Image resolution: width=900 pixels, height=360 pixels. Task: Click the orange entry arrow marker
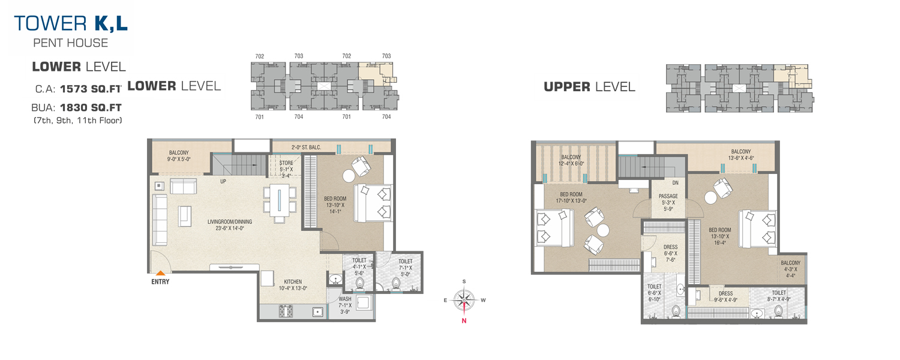160,273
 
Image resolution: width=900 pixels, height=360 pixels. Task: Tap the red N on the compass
464,320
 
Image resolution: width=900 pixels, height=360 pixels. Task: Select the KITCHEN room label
293,281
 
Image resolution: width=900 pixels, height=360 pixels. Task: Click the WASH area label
345,299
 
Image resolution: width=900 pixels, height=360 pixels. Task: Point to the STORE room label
286,163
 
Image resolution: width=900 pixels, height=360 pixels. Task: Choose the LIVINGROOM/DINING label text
230,222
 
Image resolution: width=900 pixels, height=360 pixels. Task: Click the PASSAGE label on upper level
668,196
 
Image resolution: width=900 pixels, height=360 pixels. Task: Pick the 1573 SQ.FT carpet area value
91,89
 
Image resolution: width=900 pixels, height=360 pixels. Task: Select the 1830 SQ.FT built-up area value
91,107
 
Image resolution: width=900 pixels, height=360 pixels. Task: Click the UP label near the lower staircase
223,181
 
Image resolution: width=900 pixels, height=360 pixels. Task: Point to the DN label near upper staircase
676,183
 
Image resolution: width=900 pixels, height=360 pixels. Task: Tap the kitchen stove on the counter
286,311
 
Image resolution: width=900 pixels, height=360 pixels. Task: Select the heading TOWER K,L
71,23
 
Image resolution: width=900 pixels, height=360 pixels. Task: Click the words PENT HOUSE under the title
71,43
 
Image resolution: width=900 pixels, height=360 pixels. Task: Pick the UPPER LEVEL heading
589,87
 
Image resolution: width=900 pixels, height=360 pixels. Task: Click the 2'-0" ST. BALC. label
306,148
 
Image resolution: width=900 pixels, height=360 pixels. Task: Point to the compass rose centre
464,300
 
